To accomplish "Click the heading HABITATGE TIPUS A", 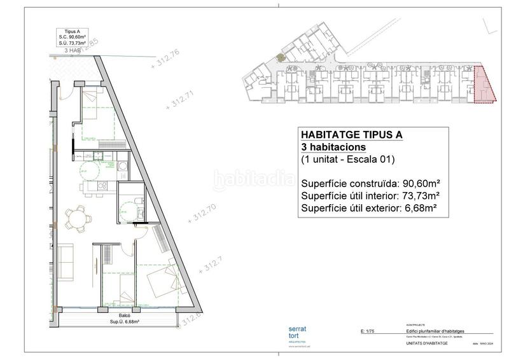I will (x=351, y=135).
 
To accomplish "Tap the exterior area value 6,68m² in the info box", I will (x=424, y=208).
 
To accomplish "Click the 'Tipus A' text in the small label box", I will (x=72, y=31).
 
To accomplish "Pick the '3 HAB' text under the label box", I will (x=73, y=50).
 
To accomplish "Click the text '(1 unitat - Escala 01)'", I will (x=349, y=160).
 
